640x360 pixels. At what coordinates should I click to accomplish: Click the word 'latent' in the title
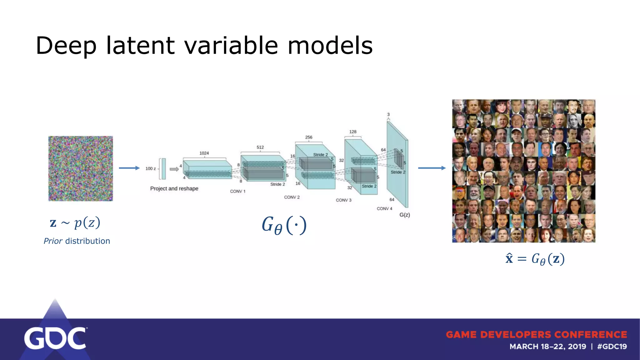click(140, 46)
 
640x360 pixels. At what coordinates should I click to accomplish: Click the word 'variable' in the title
click(231, 46)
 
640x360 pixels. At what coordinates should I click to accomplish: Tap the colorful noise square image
click(81, 168)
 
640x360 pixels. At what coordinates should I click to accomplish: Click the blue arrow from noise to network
click(129, 168)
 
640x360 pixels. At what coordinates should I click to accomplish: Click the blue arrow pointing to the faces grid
click(432, 168)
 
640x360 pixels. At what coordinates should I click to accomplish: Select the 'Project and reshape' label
click(174, 189)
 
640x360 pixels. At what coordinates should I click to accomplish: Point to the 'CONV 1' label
click(237, 191)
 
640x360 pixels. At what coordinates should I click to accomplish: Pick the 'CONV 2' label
click(292, 197)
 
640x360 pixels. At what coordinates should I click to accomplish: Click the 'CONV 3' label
click(343, 200)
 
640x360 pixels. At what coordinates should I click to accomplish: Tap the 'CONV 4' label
click(384, 208)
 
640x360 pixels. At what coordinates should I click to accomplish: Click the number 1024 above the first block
click(204, 153)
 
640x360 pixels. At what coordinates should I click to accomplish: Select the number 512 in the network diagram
click(260, 147)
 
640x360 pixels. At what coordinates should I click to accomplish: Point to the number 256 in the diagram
click(308, 137)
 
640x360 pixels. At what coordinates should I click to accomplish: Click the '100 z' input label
click(150, 168)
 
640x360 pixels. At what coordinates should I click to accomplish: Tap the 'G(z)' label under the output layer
click(404, 215)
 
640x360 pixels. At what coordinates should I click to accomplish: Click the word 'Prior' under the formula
click(53, 241)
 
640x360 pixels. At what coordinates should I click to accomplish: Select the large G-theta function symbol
click(284, 225)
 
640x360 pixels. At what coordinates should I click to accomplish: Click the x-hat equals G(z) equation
click(535, 259)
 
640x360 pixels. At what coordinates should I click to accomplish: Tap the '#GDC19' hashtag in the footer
click(612, 347)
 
